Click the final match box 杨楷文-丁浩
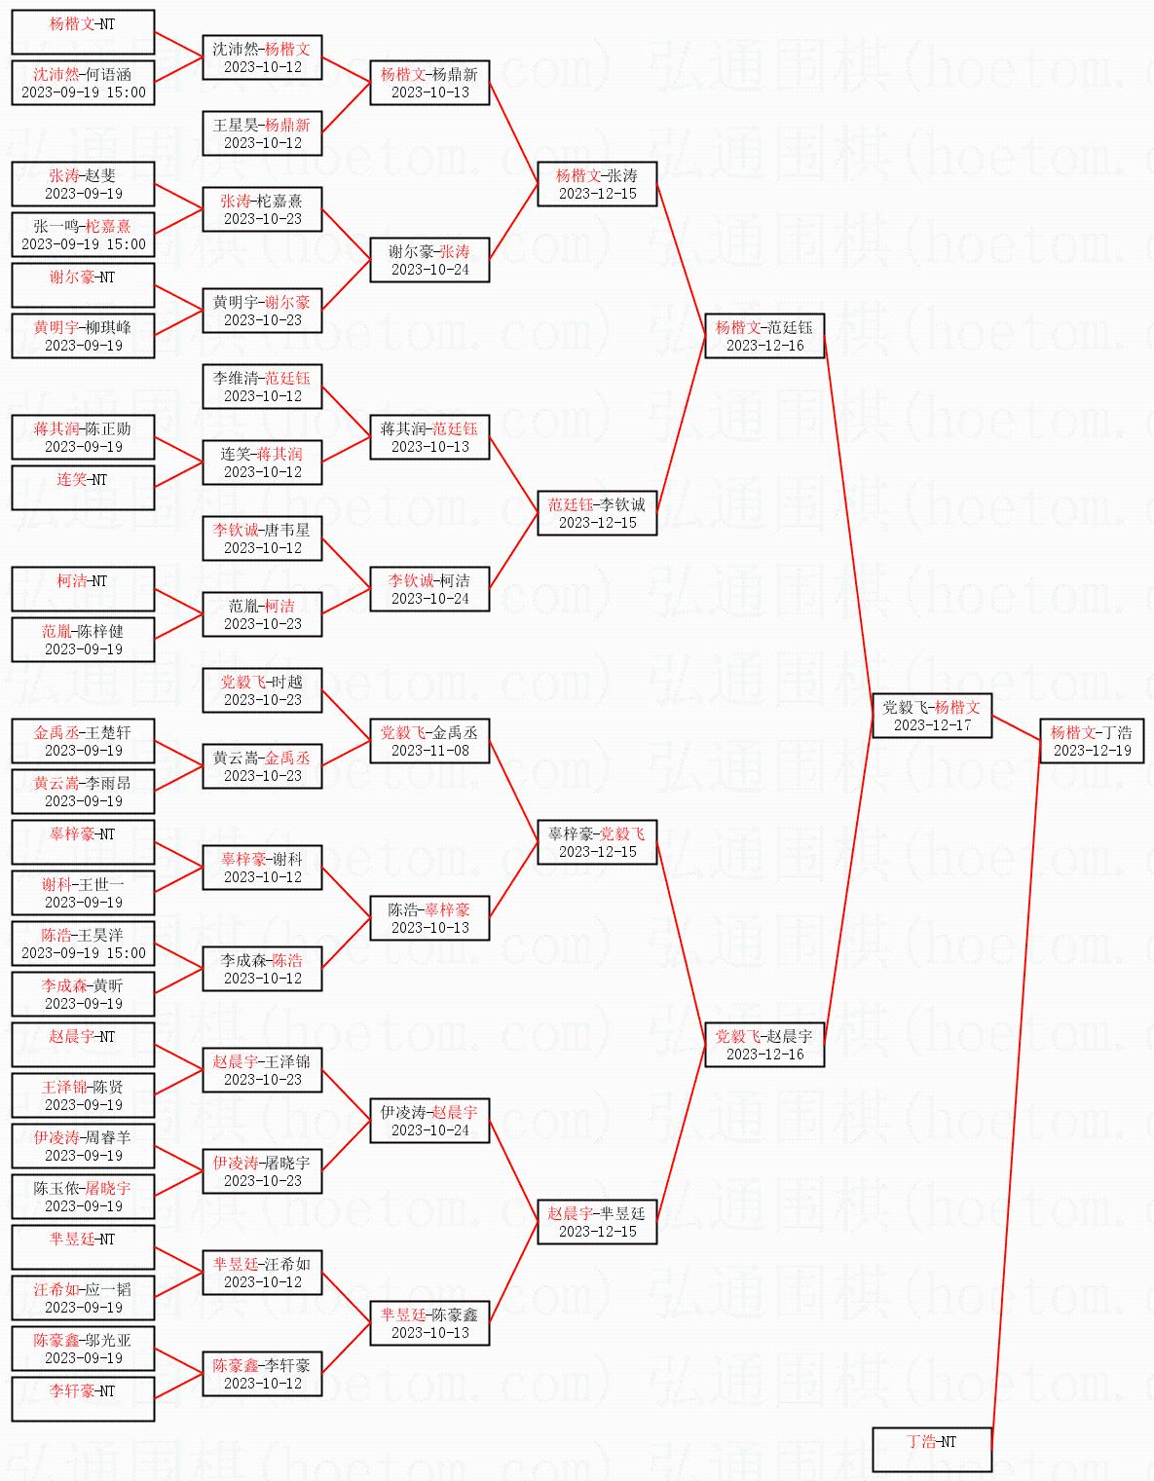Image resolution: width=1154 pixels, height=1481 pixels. coord(1091,741)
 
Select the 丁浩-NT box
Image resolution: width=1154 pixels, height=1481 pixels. coord(932,1449)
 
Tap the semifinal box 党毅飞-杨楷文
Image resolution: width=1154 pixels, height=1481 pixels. coord(932,716)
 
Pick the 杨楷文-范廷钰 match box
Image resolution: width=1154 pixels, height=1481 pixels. coord(764,336)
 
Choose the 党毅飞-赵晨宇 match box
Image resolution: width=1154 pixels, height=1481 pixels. coord(764,1045)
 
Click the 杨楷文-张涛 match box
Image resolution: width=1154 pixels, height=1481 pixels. coord(597,184)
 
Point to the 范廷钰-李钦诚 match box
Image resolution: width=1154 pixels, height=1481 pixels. coord(597,513)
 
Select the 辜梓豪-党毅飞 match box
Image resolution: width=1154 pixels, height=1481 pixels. coord(597,842)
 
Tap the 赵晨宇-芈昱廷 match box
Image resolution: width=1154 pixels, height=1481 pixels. coord(597,1222)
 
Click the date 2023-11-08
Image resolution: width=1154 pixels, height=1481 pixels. coord(429,751)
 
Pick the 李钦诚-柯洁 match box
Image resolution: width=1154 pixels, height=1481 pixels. coord(429,589)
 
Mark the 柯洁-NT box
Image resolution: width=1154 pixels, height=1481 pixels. coord(83,589)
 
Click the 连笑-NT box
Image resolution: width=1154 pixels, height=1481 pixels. coord(83,488)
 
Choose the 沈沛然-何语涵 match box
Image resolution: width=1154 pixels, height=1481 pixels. coord(83,83)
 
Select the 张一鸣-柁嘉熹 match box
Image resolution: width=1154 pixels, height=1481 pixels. coord(83,235)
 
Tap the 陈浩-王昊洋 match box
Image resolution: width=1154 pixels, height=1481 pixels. coord(83,944)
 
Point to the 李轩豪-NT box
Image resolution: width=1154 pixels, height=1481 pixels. coord(83,1399)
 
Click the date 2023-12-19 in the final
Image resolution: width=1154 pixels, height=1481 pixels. coord(1092,751)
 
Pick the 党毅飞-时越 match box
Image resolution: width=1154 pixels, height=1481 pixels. coord(262,690)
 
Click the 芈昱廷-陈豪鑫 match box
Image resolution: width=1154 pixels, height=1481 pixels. coord(429,1323)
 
